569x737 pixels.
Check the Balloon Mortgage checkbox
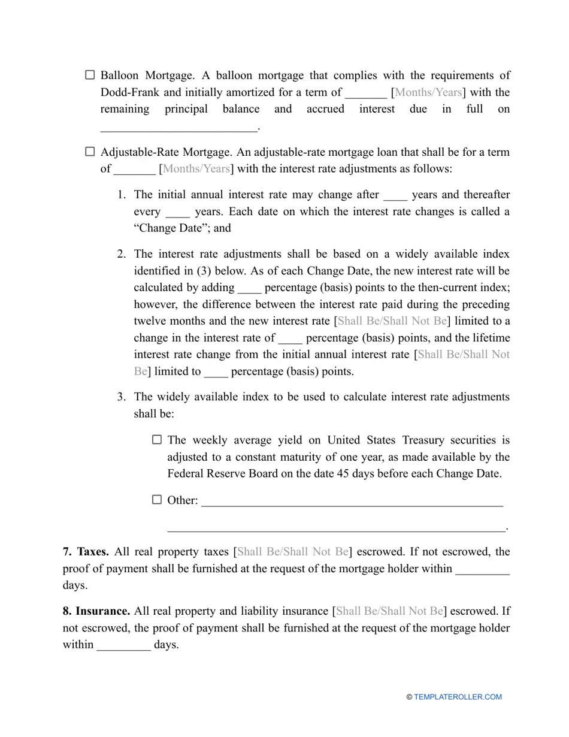(90, 75)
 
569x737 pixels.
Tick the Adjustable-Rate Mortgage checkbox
(90, 152)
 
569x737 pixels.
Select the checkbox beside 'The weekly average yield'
(157, 440)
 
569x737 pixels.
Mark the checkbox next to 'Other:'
(157, 500)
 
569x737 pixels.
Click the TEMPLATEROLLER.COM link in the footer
(458, 697)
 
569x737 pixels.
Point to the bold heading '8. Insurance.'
(96, 611)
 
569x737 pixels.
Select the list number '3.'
(121, 397)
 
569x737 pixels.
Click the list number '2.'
(121, 254)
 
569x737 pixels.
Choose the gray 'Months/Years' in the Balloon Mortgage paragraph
(428, 92)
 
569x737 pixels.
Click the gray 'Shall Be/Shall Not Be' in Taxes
(293, 551)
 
